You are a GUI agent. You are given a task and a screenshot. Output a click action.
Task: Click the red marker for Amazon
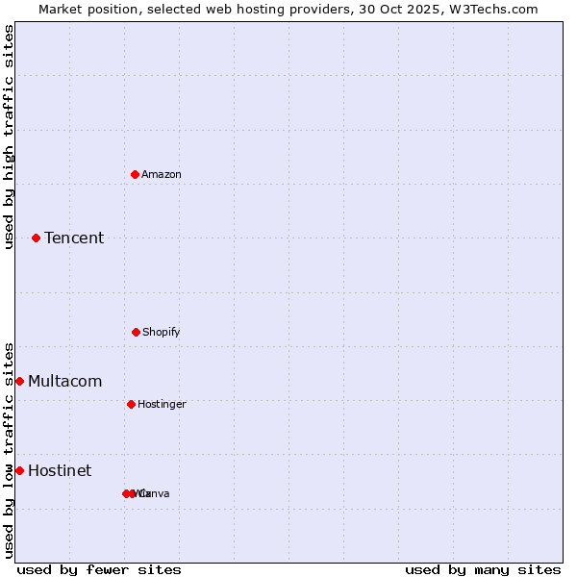pyautogui.click(x=136, y=174)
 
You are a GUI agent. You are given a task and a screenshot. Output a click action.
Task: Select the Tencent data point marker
pyautogui.click(x=36, y=238)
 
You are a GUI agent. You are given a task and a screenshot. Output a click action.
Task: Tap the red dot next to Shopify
pyautogui.click(x=136, y=332)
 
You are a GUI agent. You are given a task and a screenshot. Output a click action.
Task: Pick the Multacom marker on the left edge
pyautogui.click(x=19, y=382)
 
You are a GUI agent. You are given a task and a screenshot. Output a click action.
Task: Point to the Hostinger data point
pyautogui.click(x=131, y=404)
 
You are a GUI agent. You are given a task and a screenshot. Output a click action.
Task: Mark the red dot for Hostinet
pyautogui.click(x=19, y=470)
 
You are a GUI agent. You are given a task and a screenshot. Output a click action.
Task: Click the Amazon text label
pyautogui.click(x=162, y=174)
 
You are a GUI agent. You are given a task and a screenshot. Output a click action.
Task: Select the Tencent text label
pyautogui.click(x=74, y=238)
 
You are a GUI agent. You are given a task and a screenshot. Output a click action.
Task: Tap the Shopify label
pyautogui.click(x=162, y=332)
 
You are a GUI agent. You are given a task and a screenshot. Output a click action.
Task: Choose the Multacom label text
pyautogui.click(x=64, y=382)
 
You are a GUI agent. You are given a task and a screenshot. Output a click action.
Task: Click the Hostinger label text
pyautogui.click(x=162, y=404)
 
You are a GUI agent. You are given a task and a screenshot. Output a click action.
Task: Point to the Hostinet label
pyautogui.click(x=60, y=470)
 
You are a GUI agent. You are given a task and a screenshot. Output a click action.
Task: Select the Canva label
pyautogui.click(x=155, y=493)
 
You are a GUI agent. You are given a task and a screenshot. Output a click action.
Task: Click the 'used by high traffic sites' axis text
pyautogui.click(x=9, y=137)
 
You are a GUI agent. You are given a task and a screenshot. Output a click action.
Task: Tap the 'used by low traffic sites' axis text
pyautogui.click(x=9, y=450)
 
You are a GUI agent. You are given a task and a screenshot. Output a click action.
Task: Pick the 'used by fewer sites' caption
pyautogui.click(x=99, y=569)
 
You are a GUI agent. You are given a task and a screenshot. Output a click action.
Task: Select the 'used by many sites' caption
pyautogui.click(x=483, y=569)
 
